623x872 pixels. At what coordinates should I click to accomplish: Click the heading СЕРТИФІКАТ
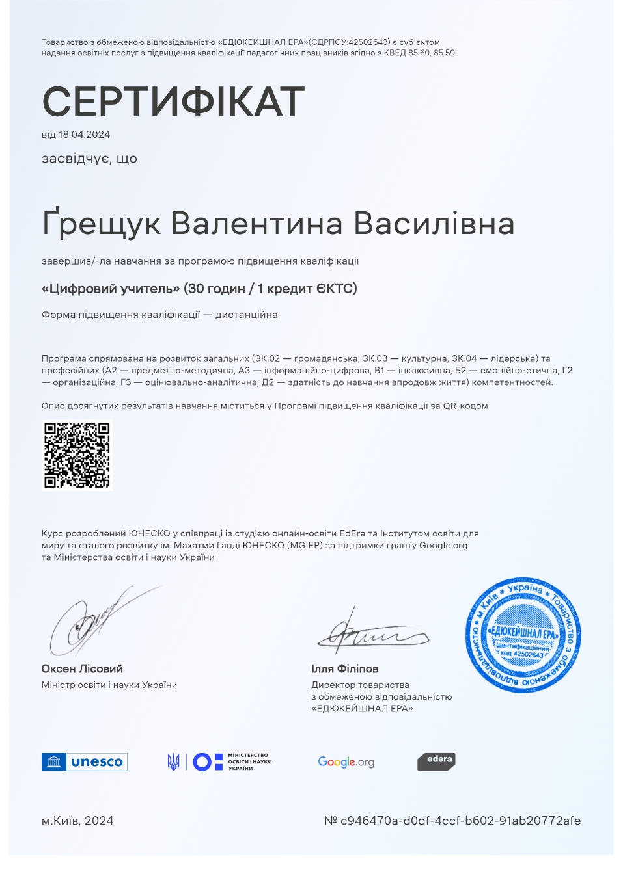[173, 101]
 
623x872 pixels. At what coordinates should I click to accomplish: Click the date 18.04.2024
[84, 135]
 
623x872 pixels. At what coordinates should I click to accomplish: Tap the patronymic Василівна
[434, 223]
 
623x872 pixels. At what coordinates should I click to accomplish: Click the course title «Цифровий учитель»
[111, 288]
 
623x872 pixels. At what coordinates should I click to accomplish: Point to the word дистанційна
[247, 315]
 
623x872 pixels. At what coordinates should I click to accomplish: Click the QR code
[77, 455]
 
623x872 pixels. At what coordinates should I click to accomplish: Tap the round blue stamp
[523, 635]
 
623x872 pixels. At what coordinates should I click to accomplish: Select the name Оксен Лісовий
[82, 668]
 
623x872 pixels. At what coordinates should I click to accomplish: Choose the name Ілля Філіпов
[344, 668]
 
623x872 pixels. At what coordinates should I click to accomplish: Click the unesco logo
[84, 761]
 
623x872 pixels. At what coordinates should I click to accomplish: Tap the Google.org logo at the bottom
[346, 761]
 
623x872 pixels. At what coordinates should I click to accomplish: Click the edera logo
[436, 761]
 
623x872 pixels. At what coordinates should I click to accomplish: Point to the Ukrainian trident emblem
[173, 761]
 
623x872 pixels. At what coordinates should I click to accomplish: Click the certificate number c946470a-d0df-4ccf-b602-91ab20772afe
[461, 821]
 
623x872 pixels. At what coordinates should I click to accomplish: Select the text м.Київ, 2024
[77, 821]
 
